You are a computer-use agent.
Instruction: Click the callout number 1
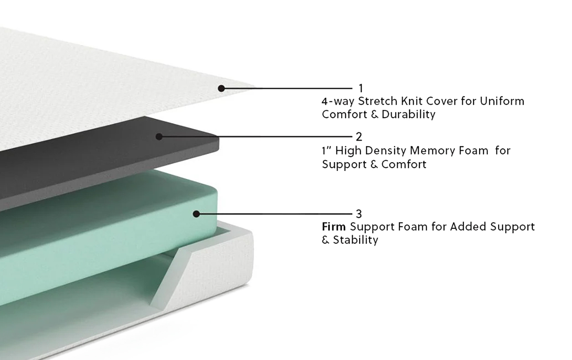click(361, 88)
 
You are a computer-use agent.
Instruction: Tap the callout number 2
click(359, 137)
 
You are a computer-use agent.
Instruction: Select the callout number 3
click(359, 214)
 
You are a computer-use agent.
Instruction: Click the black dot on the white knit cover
click(221, 88)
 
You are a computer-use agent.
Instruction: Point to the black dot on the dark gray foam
click(159, 137)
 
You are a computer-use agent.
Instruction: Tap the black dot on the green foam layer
click(196, 214)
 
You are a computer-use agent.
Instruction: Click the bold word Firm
click(334, 226)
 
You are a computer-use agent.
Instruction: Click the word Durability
click(409, 114)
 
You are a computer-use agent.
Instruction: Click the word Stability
click(356, 240)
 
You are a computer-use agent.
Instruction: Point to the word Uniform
click(502, 101)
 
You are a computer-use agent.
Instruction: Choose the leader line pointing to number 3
click(274, 214)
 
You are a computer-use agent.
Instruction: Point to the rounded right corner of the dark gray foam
click(216, 143)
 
